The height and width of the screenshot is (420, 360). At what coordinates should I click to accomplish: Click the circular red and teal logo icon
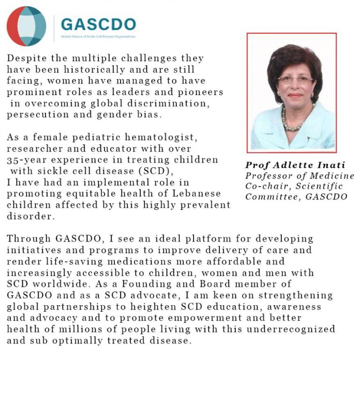(26, 26)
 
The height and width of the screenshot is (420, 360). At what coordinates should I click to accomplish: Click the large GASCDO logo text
(98, 24)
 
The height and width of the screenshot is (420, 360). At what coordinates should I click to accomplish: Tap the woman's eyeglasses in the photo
(289, 79)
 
